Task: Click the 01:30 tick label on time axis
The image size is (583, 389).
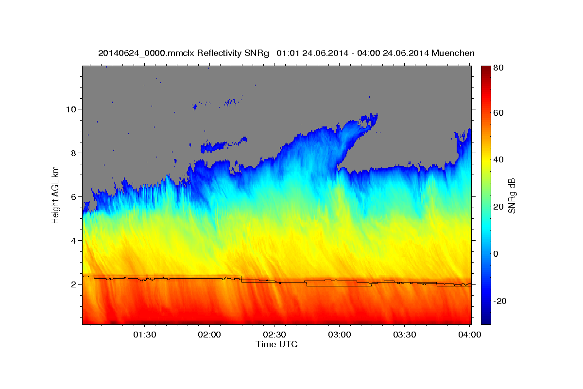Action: coord(144,335)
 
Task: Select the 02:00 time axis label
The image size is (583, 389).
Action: coord(209,335)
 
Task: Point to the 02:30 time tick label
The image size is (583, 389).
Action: coord(274,335)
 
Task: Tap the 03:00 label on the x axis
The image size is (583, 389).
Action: coord(339,335)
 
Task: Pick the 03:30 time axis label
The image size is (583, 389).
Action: coord(404,335)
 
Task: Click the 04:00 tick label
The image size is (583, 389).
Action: coord(469,335)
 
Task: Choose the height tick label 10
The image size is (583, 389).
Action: coord(70,109)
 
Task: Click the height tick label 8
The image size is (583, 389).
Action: coord(73,153)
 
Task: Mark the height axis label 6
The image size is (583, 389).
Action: coord(73,197)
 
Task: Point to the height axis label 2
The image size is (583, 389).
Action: coord(73,284)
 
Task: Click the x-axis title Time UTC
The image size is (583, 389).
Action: coord(276,345)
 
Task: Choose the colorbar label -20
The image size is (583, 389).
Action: coord(500,301)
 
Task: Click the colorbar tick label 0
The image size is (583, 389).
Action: coord(496,254)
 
